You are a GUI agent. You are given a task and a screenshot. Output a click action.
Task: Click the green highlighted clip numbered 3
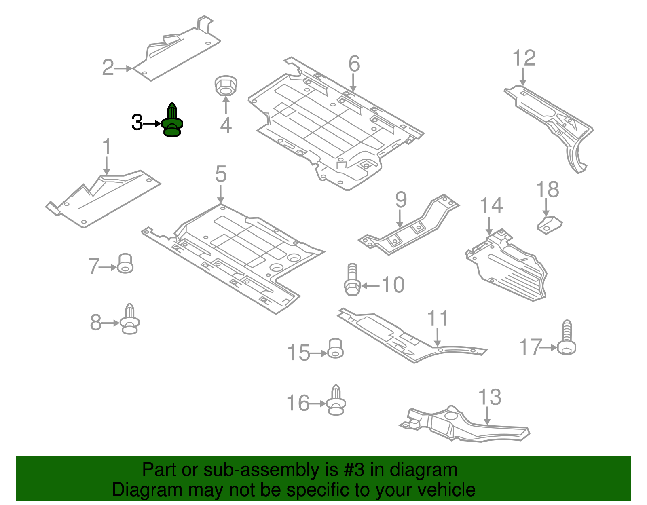172,121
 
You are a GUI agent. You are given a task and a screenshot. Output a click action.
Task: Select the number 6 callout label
354,64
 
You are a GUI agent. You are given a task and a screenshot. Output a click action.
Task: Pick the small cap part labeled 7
125,264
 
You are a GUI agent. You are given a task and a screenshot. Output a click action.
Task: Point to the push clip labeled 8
130,319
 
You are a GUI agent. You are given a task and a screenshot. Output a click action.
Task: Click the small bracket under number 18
550,224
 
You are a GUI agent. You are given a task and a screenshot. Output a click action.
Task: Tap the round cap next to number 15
335,349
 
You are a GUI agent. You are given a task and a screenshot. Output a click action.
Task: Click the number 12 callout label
524,58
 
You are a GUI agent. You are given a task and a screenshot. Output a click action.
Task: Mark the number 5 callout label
221,174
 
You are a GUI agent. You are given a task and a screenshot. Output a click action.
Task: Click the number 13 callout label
490,397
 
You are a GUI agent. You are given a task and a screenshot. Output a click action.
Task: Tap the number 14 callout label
491,205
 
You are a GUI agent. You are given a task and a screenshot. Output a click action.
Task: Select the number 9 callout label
401,200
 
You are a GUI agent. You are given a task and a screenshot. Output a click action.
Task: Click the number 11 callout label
438,318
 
